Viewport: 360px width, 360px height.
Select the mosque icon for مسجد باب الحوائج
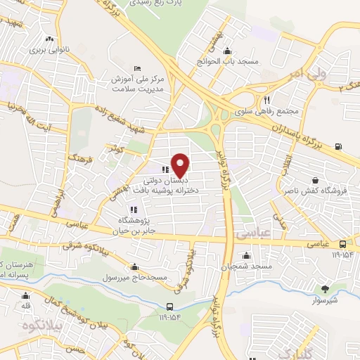click(x=226, y=51)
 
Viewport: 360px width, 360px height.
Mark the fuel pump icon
click(x=340, y=146)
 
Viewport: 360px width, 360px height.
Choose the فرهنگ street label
click(x=75, y=156)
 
